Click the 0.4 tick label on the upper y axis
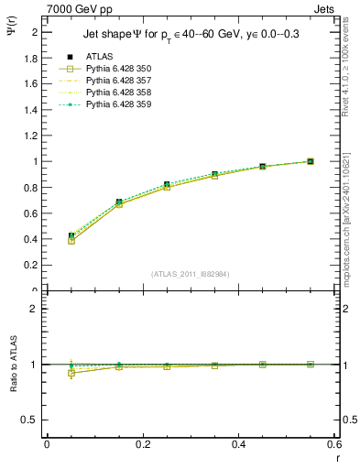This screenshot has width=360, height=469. (30, 239)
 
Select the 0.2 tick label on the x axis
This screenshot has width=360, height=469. (142, 443)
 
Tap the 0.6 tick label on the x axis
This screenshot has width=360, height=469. (334, 443)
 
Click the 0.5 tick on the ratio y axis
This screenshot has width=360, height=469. (32, 420)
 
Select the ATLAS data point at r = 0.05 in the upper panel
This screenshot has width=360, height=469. (71, 236)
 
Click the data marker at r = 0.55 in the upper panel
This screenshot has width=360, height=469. (311, 161)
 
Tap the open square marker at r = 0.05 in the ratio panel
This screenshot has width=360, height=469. (71, 373)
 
